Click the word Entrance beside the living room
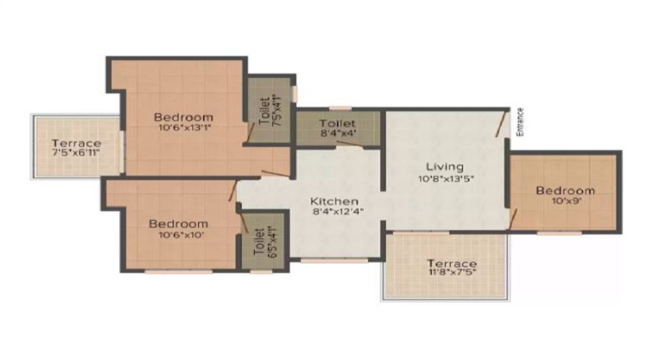(x=520, y=122)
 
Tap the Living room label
(x=445, y=167)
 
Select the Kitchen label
(x=334, y=202)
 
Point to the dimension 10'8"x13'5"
(x=446, y=179)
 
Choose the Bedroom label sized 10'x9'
(x=565, y=191)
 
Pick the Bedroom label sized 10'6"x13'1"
(x=184, y=117)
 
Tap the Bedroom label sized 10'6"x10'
(x=179, y=224)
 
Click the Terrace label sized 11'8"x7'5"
(x=451, y=264)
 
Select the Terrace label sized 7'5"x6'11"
(x=76, y=143)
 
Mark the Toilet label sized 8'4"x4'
(x=338, y=123)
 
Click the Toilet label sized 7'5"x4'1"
(x=264, y=112)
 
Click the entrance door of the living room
(x=502, y=123)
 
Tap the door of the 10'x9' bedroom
(x=513, y=218)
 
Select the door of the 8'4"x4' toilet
(x=350, y=144)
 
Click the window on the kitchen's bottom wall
(x=334, y=261)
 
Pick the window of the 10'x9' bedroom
(x=559, y=233)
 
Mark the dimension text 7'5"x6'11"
(x=76, y=153)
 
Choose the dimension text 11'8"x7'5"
(x=451, y=272)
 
